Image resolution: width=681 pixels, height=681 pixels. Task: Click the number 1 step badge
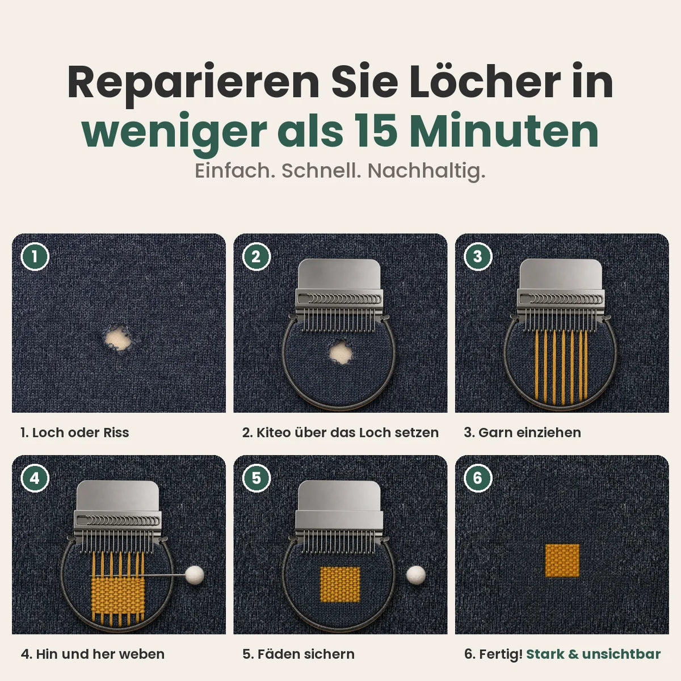coord(35,257)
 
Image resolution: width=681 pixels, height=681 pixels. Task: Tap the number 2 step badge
coord(256,257)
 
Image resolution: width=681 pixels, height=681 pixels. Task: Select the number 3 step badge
coord(477,257)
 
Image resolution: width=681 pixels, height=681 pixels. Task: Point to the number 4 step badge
coord(35,478)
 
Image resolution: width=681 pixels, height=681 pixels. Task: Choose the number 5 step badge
coord(256,478)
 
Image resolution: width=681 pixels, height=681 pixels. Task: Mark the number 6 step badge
coord(477,478)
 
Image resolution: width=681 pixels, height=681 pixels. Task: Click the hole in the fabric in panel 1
coord(119,338)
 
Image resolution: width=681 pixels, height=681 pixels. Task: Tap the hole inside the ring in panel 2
coord(340,352)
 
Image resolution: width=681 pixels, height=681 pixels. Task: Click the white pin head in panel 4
coord(195,575)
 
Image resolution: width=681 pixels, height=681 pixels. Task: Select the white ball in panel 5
coord(416,575)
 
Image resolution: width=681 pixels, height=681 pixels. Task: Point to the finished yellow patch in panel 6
coord(562,561)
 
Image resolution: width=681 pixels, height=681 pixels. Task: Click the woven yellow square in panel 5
coord(340,584)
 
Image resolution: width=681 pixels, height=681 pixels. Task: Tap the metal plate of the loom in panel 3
coord(561,274)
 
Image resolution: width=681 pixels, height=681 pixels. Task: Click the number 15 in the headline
coord(376,131)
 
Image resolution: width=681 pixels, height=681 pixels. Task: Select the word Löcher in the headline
coord(485,82)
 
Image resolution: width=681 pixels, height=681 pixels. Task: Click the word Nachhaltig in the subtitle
coord(426,171)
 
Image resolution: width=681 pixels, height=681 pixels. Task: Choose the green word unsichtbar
coord(621,654)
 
